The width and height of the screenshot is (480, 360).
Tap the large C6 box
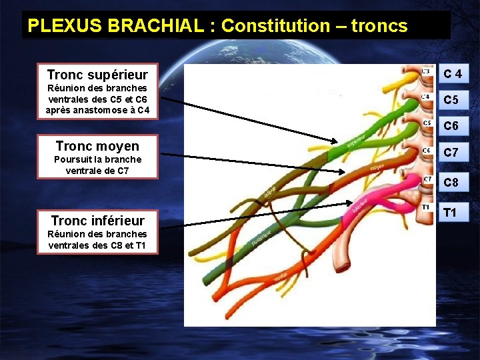(x=451, y=126)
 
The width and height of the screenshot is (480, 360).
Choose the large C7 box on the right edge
(x=451, y=153)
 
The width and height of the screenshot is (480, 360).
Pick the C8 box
(x=451, y=182)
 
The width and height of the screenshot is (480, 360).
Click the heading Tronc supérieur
(x=97, y=74)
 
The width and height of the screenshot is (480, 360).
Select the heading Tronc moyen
(x=97, y=146)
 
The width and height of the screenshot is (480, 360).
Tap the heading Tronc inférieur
(x=97, y=220)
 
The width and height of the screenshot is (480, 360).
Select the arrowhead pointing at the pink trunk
(x=353, y=203)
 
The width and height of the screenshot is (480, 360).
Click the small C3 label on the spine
(x=425, y=71)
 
